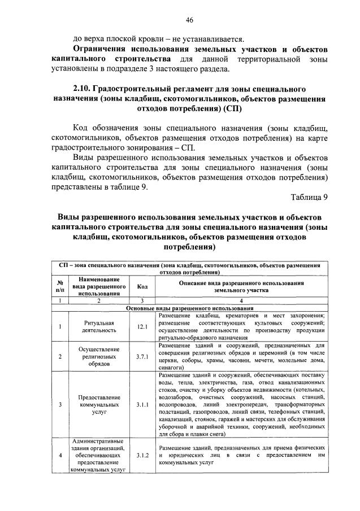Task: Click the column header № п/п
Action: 60,286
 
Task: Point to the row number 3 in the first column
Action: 60,405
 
